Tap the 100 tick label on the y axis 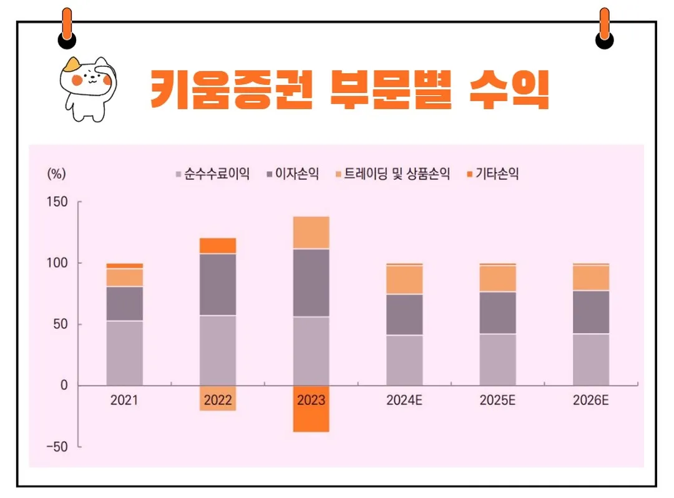pos(57,264)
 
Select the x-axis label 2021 pos(124,401)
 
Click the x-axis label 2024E pos(404,401)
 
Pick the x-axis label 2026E pos(590,401)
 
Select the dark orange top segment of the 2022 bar pos(218,246)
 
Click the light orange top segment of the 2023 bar pos(311,232)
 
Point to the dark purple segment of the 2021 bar pos(124,304)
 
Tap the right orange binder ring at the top pos(604,28)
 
